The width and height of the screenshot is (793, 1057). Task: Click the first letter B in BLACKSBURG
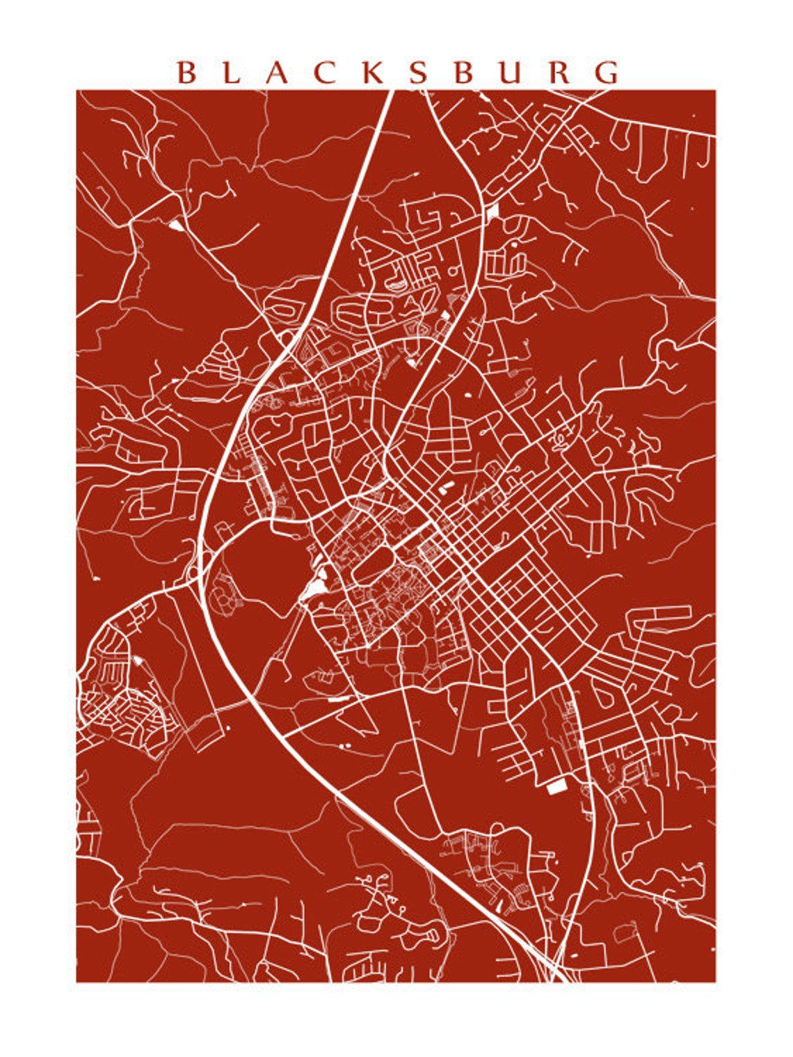click(x=186, y=73)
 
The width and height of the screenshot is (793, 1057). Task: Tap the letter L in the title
click(x=232, y=73)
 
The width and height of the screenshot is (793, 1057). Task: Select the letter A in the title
click(x=277, y=73)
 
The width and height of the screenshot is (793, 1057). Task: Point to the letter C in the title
click(x=324, y=73)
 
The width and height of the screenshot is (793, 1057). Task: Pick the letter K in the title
click(x=374, y=73)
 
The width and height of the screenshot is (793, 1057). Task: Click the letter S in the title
click(x=417, y=73)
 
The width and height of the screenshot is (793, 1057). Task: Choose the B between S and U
click(x=463, y=73)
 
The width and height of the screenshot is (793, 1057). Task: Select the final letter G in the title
click(x=607, y=73)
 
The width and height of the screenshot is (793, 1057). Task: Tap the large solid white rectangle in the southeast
click(x=556, y=787)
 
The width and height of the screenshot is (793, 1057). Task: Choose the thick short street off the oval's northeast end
click(x=410, y=539)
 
